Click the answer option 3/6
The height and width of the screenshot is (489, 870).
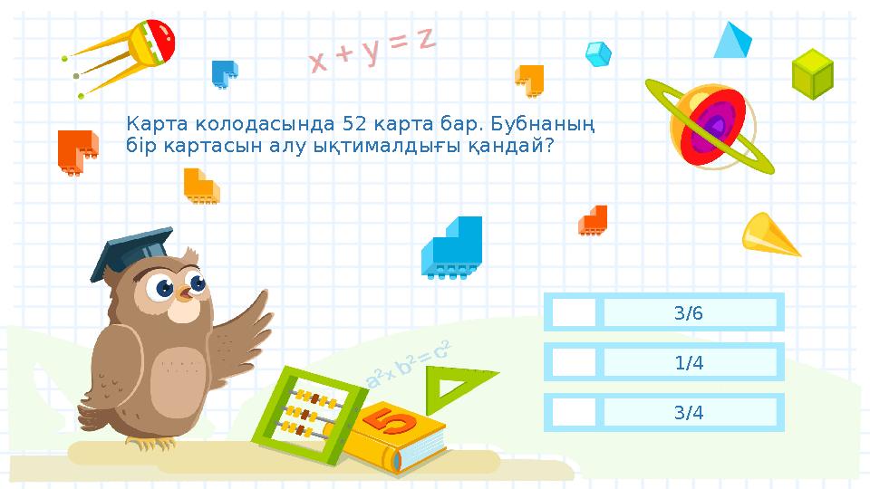click(x=689, y=313)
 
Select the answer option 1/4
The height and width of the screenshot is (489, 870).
click(x=689, y=363)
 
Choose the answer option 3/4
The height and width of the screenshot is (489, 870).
click(x=689, y=413)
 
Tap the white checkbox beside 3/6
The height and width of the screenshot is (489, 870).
click(x=574, y=313)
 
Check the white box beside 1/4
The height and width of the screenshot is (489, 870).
click(x=574, y=363)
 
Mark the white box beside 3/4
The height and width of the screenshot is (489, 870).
click(x=574, y=413)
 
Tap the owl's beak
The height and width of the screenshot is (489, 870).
click(x=186, y=293)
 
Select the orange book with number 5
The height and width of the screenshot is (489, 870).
click(x=393, y=437)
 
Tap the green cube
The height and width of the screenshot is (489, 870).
click(x=812, y=74)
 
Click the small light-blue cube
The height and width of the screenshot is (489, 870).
click(x=597, y=54)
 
